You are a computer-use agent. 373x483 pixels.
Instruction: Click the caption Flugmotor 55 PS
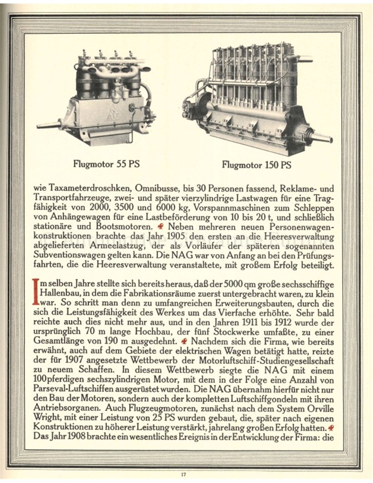point(106,164)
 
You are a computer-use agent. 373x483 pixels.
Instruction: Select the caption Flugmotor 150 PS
point(257,165)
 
